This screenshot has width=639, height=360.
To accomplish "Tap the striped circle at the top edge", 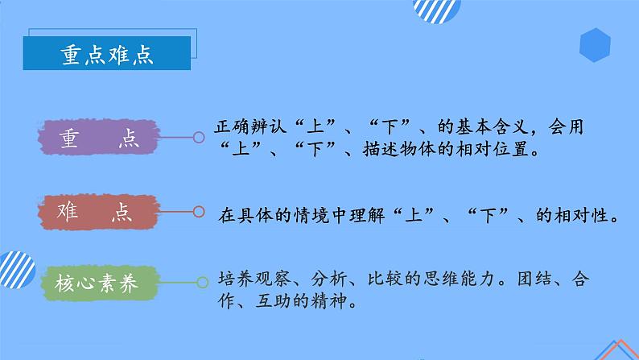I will pos(436,9).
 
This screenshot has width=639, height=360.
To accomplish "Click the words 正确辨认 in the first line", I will pos(242,127).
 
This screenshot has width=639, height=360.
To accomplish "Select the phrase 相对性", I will pos(589,216).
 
